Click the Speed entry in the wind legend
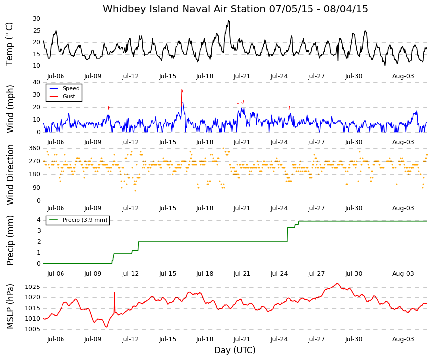coord(71,88)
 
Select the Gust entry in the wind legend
coord(69,96)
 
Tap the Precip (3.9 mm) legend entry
coord(85,220)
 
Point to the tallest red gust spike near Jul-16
coord(182,90)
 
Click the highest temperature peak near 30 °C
coord(228,20)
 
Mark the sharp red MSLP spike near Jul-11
coord(114,292)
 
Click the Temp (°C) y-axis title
coord(9,44)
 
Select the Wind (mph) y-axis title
coord(9,109)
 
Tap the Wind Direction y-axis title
coord(10,175)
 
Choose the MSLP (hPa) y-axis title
coord(10,306)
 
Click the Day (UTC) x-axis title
coord(235,350)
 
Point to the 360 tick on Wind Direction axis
coord(34,148)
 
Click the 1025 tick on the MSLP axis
coord(33,287)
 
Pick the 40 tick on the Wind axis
coord(36,82)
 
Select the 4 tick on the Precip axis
coord(38,220)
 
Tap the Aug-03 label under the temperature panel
coord(403,76)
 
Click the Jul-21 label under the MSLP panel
coord(242,339)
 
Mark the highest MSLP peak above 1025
coord(337,284)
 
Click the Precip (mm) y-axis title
coord(10,240)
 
